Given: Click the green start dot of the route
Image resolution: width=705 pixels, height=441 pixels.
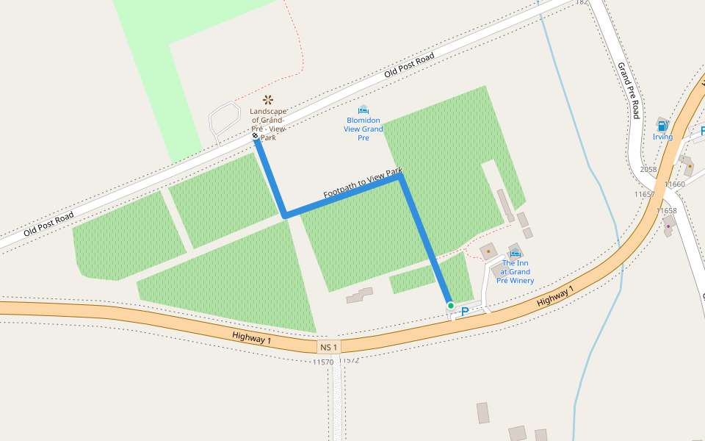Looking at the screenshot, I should [450, 305].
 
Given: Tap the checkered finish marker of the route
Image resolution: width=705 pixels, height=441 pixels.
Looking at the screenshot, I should [255, 137].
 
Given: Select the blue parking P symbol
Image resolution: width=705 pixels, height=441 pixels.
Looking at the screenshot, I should [464, 312].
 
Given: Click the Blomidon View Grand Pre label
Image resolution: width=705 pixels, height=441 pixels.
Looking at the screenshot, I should [363, 129].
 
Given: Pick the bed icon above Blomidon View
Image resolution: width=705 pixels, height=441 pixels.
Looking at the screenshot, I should [363, 110].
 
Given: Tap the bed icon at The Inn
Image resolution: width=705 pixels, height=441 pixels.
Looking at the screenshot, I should [516, 254].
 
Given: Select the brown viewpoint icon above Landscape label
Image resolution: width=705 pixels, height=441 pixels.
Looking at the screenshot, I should [268, 98].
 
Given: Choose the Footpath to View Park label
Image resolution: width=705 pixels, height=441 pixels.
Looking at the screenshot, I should [363, 184].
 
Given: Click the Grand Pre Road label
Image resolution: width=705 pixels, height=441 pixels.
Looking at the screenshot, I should [629, 90].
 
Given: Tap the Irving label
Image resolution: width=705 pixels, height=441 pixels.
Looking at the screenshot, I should [662, 137].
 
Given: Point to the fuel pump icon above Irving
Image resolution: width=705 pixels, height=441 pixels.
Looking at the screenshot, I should [662, 126].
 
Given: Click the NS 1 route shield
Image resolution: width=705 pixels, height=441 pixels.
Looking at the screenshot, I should [329, 347].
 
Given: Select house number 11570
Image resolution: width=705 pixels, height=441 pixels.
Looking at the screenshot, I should [323, 362].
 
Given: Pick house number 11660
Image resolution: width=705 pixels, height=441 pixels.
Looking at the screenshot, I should [674, 184].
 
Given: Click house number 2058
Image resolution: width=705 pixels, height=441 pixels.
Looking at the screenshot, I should [648, 169].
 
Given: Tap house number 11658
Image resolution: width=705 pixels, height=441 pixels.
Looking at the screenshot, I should [668, 211].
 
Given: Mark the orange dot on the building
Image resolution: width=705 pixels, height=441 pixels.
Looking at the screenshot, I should [488, 251].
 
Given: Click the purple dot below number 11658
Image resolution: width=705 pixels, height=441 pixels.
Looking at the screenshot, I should [668, 226].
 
